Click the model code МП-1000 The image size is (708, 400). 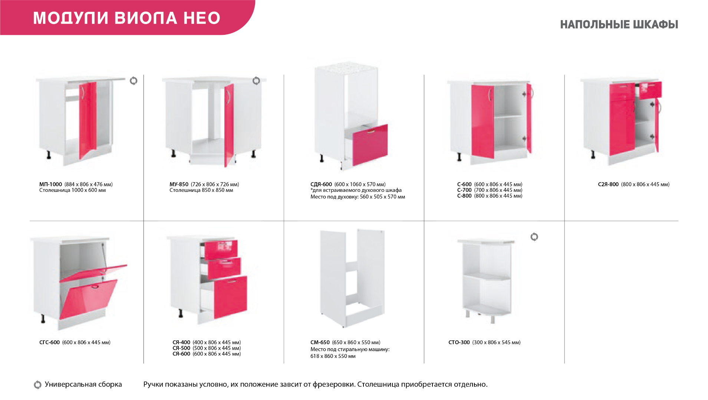[x=50, y=184]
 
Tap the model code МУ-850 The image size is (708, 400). [x=179, y=184]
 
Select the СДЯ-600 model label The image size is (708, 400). [x=321, y=184]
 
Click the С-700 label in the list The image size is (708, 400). [x=464, y=190]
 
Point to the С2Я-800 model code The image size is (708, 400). [x=608, y=184]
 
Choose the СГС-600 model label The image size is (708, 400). [x=49, y=343]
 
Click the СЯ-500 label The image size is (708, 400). [x=181, y=348]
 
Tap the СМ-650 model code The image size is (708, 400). [x=320, y=343]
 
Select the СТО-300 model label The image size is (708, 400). [x=459, y=343]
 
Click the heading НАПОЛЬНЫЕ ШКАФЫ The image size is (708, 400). [x=619, y=25]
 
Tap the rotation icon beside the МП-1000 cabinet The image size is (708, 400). [x=134, y=81]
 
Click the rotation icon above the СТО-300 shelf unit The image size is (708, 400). [x=534, y=237]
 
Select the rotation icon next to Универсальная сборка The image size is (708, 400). [x=37, y=385]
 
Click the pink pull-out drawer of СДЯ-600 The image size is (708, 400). [x=370, y=145]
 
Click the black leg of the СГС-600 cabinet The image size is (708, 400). [x=43, y=319]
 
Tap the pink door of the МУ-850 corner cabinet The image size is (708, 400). [x=229, y=125]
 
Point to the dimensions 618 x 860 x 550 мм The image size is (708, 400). [x=333, y=356]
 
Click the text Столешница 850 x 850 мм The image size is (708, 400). [x=201, y=190]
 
